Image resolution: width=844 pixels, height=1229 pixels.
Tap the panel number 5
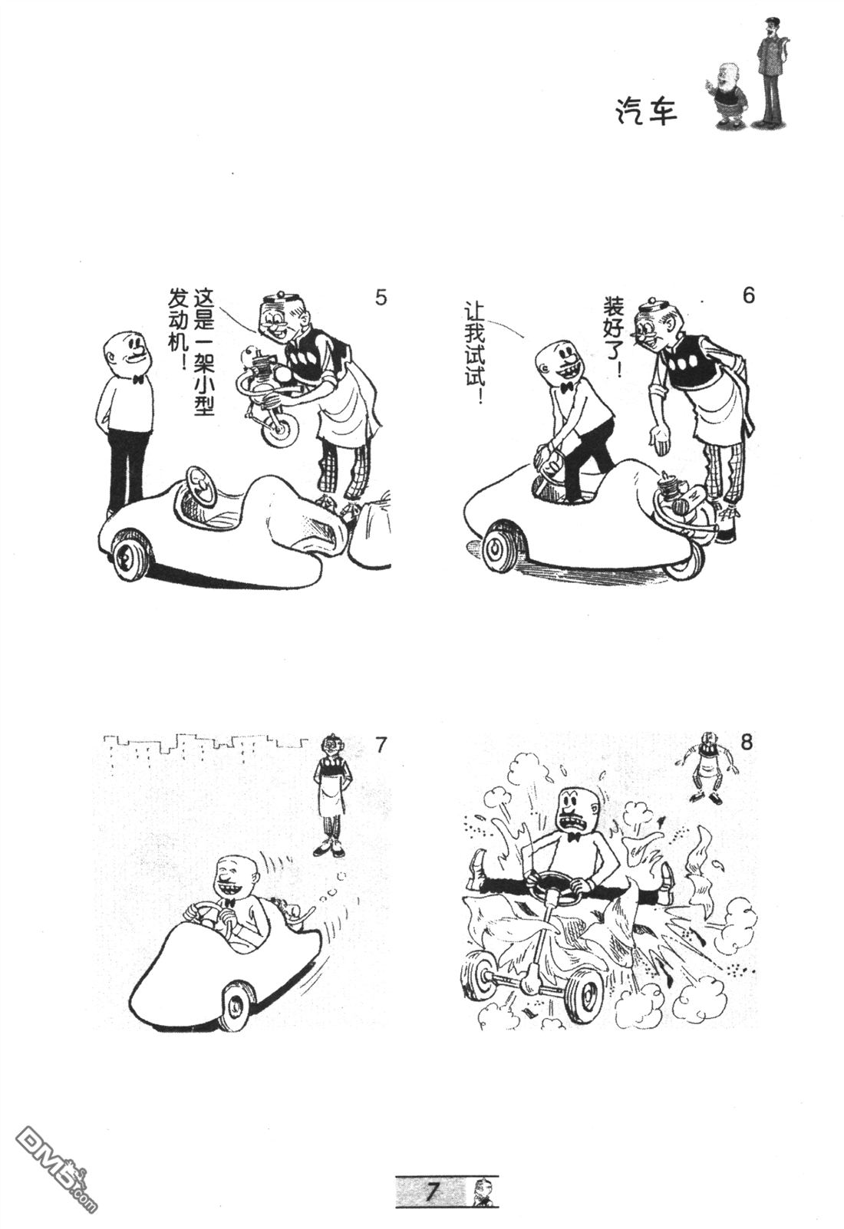(381, 298)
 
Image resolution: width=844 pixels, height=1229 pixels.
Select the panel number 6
(749, 295)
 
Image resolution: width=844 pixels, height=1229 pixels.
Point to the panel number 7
(381, 745)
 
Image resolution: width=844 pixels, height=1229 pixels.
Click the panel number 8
(747, 743)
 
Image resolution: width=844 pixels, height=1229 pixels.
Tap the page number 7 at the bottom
(433, 1191)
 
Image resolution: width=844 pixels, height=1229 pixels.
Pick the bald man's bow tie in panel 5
(137, 378)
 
